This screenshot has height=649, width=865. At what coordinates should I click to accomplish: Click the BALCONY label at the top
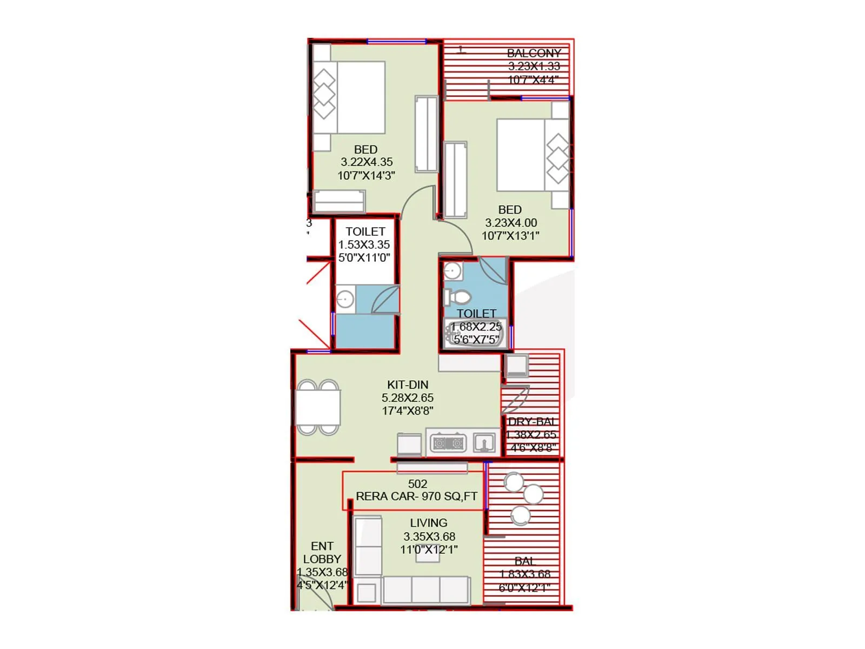pos(534,53)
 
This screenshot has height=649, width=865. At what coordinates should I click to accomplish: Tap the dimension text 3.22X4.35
pos(367,162)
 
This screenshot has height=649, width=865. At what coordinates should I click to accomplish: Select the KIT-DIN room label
pos(408,385)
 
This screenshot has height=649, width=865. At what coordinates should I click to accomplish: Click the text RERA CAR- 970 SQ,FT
pos(416,496)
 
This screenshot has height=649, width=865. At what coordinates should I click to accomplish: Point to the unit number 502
pos(417,484)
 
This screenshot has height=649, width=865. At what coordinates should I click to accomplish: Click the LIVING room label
pos(428,523)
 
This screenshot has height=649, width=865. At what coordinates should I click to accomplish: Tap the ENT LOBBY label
pos(322,553)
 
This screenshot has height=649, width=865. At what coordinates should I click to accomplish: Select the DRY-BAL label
pos(531,422)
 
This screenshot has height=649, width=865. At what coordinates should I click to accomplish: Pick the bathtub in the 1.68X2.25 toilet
pos(475,333)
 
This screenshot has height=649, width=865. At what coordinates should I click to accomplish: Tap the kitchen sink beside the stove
pos(484,443)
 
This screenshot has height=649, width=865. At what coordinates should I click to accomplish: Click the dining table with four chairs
pos(318,407)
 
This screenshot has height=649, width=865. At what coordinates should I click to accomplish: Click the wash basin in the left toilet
pos(344,299)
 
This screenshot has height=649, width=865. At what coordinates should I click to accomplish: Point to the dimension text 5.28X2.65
pos(408,398)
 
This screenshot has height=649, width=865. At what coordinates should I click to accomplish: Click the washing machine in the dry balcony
pos(517,366)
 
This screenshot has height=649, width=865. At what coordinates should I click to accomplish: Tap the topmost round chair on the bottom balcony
pos(513,481)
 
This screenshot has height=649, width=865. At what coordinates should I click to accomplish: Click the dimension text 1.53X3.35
pos(364,245)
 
